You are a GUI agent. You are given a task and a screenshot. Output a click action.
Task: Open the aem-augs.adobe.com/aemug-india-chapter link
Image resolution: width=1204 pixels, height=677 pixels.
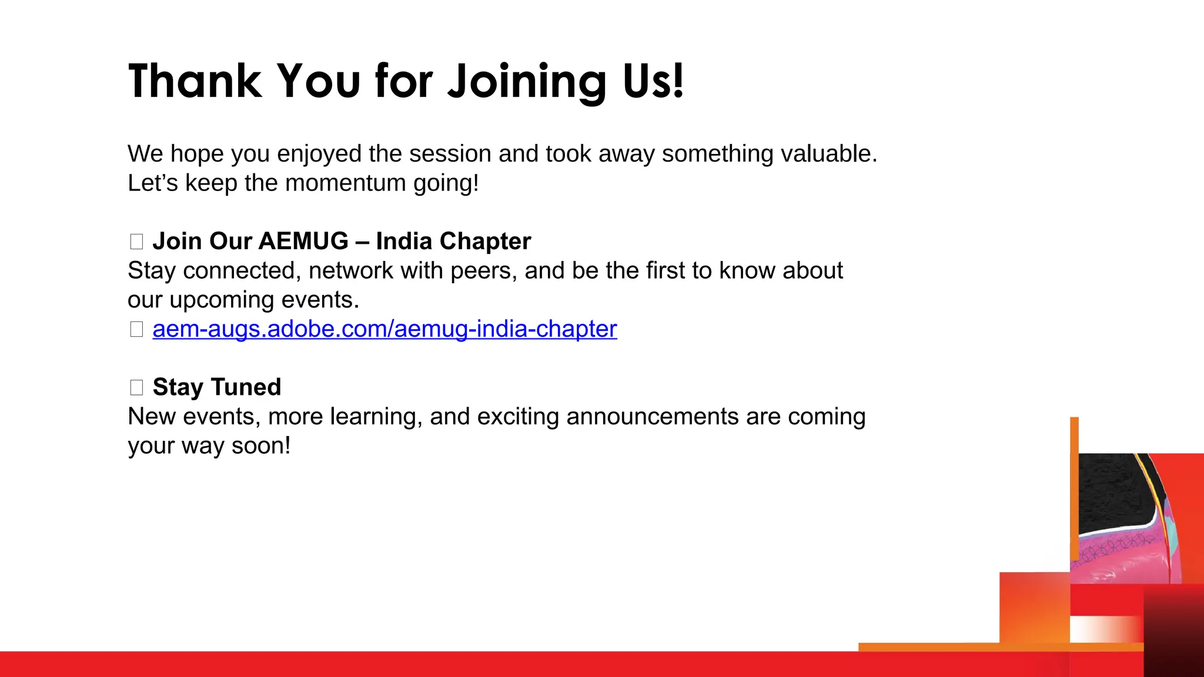[x=384, y=329]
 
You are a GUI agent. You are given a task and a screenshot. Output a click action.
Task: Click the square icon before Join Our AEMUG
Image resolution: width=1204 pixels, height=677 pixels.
[x=136, y=242]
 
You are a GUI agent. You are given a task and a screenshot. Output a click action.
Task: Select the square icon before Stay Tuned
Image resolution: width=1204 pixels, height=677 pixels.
[x=136, y=387]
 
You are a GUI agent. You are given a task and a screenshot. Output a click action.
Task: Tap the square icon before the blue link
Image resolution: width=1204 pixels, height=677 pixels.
[x=136, y=329]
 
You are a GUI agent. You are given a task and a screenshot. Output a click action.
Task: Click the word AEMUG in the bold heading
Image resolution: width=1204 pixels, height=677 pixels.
[x=303, y=242]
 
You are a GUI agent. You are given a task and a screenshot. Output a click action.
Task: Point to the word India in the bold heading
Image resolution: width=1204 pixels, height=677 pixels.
[x=404, y=242]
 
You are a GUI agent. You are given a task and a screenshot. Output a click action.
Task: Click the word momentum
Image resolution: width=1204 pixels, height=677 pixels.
[x=346, y=183]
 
